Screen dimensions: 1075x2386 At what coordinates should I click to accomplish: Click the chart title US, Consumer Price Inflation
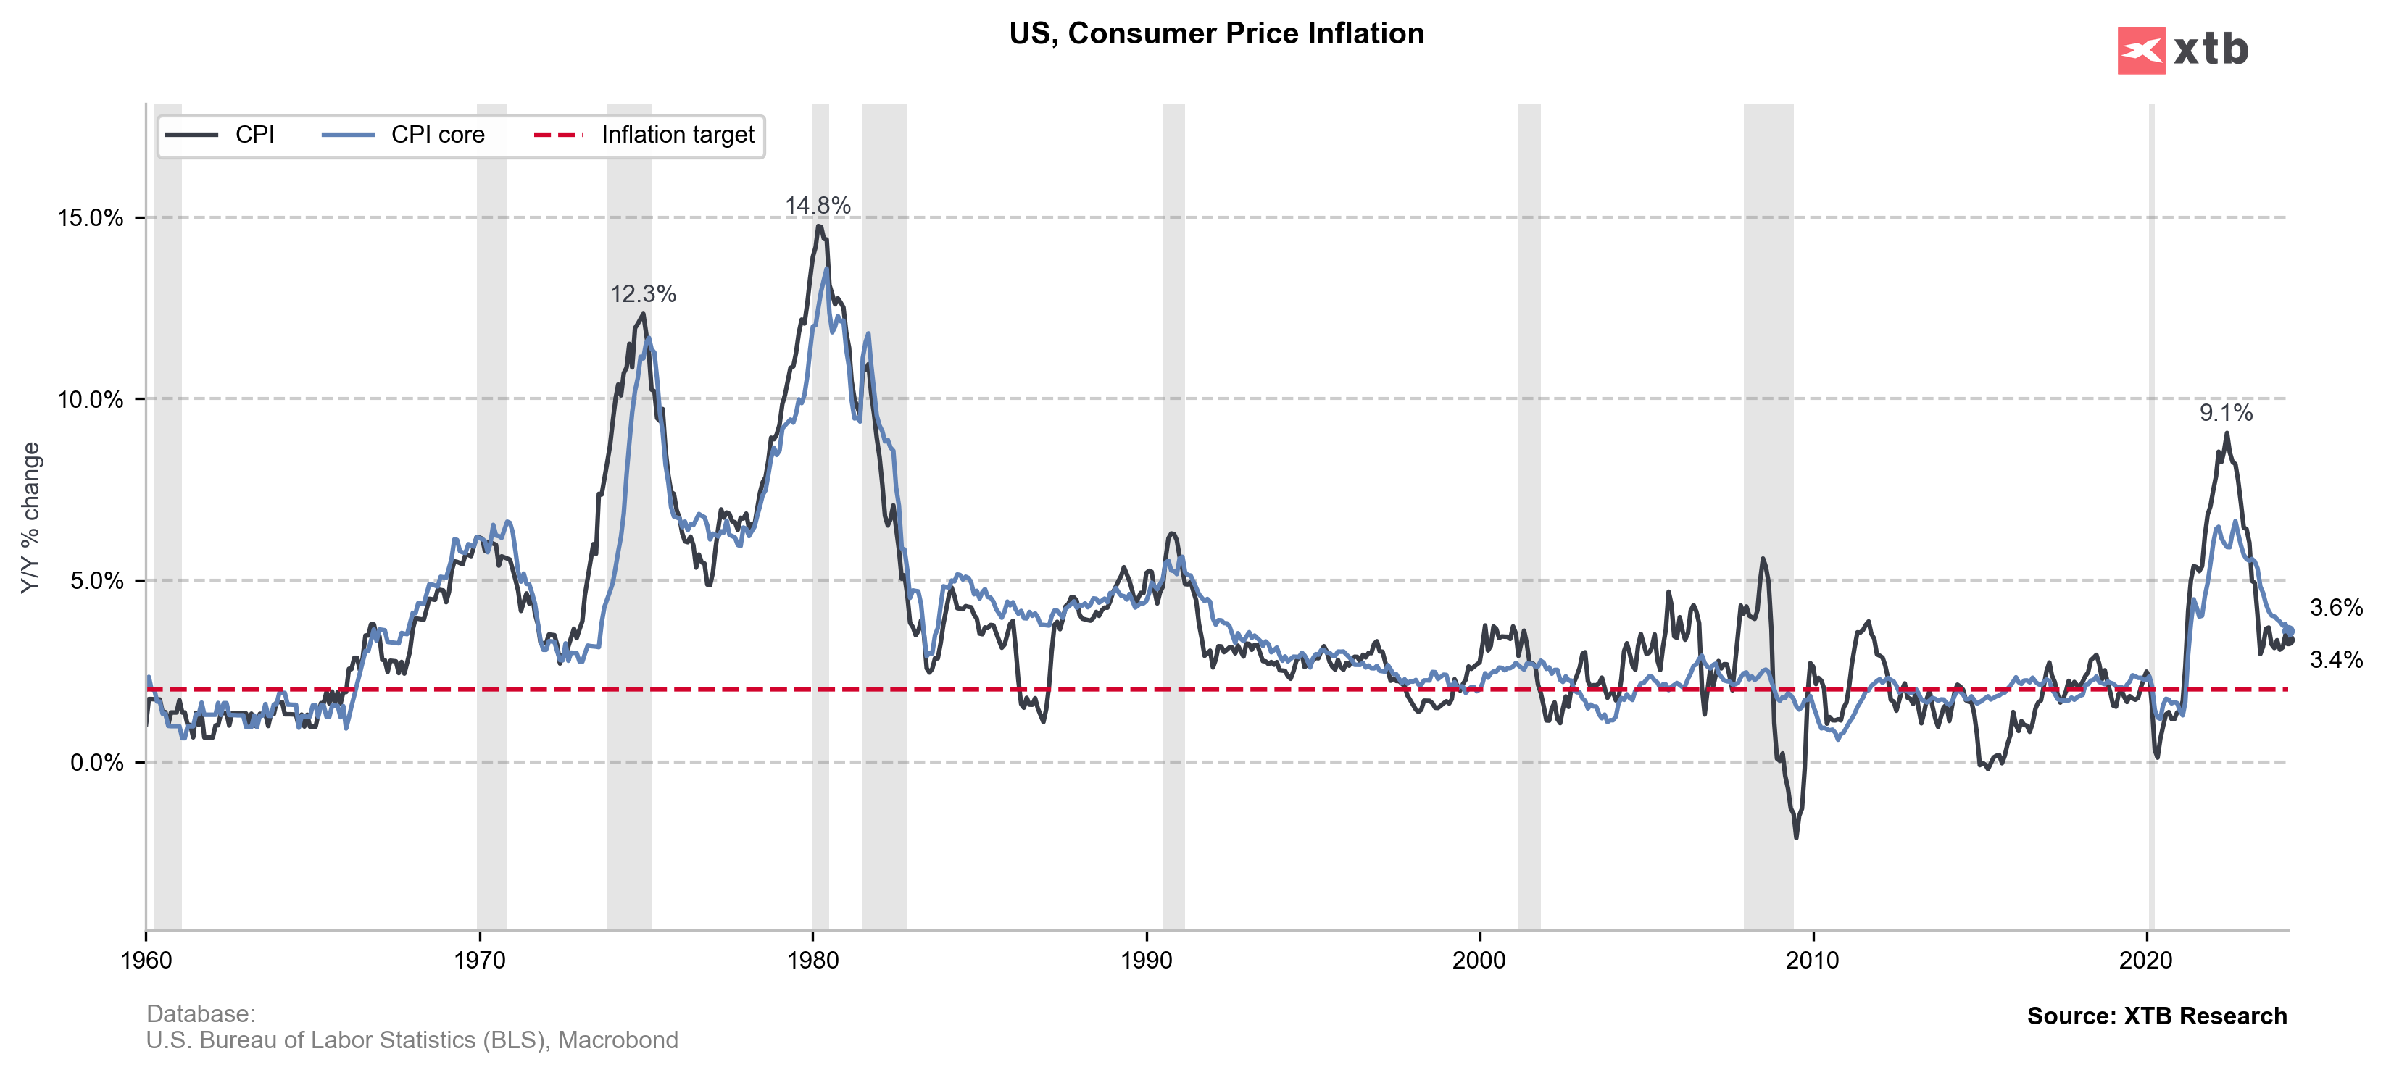[x=1215, y=34]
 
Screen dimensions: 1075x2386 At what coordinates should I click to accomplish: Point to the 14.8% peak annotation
[x=817, y=206]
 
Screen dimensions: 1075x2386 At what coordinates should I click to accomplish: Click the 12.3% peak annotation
[x=643, y=294]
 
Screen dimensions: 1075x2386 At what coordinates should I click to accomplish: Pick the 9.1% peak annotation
[x=2226, y=413]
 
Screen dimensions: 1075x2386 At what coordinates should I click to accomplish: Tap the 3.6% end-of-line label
[x=2336, y=608]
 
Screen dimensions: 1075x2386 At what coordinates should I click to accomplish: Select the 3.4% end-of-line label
[x=2336, y=660]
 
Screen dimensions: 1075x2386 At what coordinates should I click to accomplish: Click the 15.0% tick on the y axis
[x=90, y=219]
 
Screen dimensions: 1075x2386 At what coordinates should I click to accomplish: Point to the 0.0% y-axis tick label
[x=96, y=763]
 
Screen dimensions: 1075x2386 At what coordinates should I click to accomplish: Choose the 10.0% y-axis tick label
[x=90, y=400]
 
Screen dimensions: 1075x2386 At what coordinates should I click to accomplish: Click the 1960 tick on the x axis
[x=146, y=961]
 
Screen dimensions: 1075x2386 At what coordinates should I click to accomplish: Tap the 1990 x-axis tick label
[x=1147, y=961]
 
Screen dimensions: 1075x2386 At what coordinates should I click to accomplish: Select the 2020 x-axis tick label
[x=2146, y=961]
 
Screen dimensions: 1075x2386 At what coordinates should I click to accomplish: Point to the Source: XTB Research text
[x=2156, y=1016]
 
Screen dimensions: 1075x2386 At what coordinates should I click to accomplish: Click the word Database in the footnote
[x=200, y=1014]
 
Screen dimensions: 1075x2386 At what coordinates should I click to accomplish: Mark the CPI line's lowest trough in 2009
[x=1796, y=837]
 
